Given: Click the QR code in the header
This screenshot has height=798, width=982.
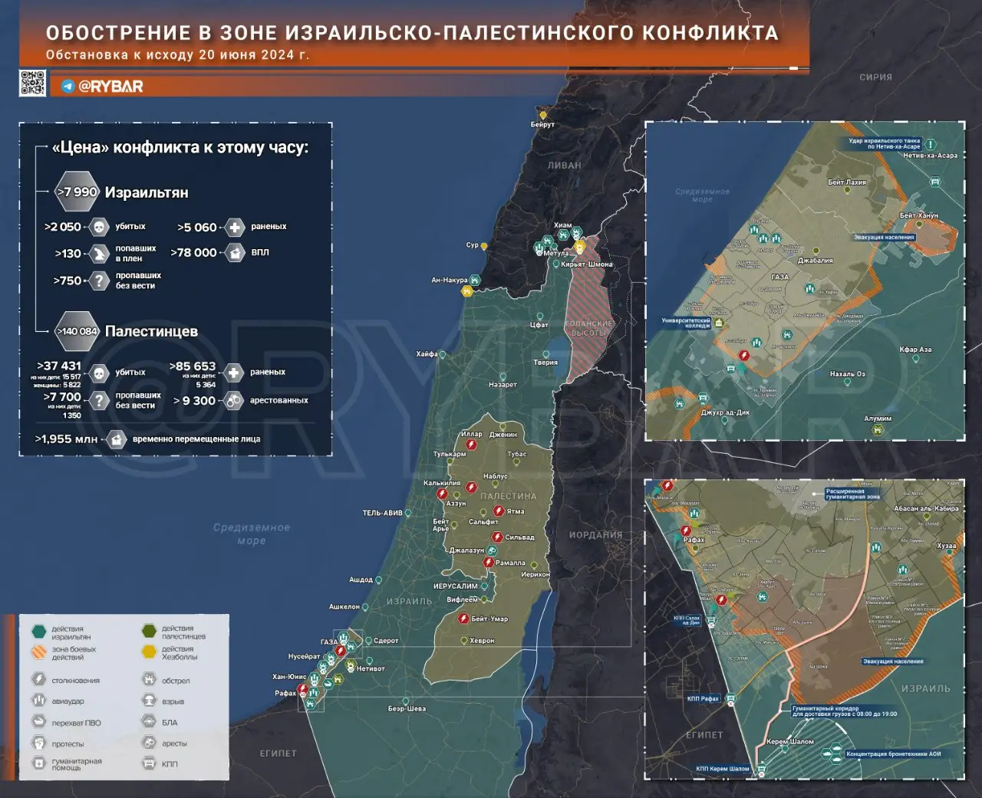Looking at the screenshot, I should pyautogui.click(x=32, y=83).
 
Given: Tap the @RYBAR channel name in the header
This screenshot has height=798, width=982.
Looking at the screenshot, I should pyautogui.click(x=110, y=87).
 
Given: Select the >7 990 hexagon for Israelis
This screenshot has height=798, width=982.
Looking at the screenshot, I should pyautogui.click(x=77, y=192).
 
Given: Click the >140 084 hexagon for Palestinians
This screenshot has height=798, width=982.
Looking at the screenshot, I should pyautogui.click(x=77, y=331).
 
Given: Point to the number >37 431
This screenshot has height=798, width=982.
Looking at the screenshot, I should pyautogui.click(x=59, y=366).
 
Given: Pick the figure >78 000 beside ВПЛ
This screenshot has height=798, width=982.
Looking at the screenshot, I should pyautogui.click(x=193, y=252).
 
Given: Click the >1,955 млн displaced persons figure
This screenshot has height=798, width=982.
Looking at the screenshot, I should pyautogui.click(x=66, y=439).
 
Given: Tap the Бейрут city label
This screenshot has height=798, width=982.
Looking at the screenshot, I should pyautogui.click(x=542, y=124).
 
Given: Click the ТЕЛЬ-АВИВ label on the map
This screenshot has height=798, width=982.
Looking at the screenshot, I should pyautogui.click(x=382, y=513).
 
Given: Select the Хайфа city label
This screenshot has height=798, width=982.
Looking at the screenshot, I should pyautogui.click(x=427, y=354).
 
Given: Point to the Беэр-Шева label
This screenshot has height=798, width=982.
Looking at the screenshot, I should pyautogui.click(x=407, y=708).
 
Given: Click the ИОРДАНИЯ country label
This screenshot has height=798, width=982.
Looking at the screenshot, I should pyautogui.click(x=595, y=535).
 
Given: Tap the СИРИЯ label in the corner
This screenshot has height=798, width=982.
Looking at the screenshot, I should pyautogui.click(x=875, y=77).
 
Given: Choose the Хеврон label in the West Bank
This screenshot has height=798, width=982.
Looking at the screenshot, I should pyautogui.click(x=482, y=641).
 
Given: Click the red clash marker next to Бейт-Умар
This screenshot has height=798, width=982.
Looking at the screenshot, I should pyautogui.click(x=463, y=619).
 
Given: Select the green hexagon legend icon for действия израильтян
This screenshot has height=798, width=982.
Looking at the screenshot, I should pyautogui.click(x=39, y=632).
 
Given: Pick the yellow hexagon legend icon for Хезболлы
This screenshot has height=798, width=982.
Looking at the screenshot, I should pyautogui.click(x=149, y=652).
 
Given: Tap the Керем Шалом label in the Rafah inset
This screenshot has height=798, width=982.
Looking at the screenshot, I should pyautogui.click(x=790, y=742).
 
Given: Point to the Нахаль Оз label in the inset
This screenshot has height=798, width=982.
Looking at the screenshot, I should pyautogui.click(x=847, y=374).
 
